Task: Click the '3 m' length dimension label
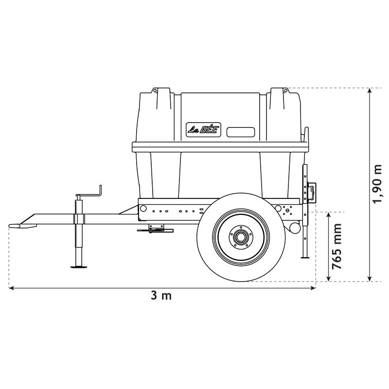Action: pos(161,296)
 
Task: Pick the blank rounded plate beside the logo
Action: pos(241,132)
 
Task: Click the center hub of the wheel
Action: pos(240,238)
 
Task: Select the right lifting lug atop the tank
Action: pos(281,91)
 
